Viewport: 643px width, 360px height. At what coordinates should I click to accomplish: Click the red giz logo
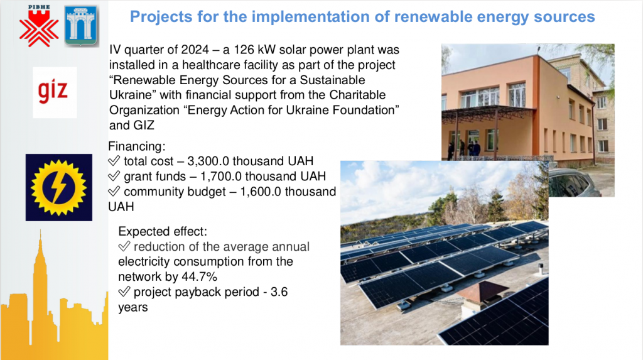pyautogui.click(x=53, y=91)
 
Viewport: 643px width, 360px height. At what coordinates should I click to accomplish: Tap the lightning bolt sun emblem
pyautogui.click(x=58, y=188)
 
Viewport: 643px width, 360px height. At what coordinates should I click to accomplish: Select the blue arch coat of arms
pyautogui.click(x=81, y=26)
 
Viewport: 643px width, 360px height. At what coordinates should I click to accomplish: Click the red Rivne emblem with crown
pyautogui.click(x=39, y=26)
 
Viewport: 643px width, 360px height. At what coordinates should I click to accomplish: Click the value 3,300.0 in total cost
pyautogui.click(x=208, y=161)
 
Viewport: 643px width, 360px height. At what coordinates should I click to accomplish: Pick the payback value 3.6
pyautogui.click(x=279, y=292)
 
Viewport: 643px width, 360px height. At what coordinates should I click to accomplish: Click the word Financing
pyautogui.click(x=136, y=146)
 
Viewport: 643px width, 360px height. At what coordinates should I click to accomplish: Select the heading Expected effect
pyautogui.click(x=163, y=231)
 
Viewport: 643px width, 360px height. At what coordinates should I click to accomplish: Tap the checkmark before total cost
pyautogui.click(x=114, y=161)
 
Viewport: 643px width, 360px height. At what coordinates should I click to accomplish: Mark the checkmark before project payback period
pyautogui.click(x=124, y=292)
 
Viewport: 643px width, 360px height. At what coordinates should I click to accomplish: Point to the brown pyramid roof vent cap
pyautogui.click(x=482, y=291)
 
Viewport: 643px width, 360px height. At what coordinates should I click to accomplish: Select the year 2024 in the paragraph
pyautogui.click(x=195, y=50)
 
